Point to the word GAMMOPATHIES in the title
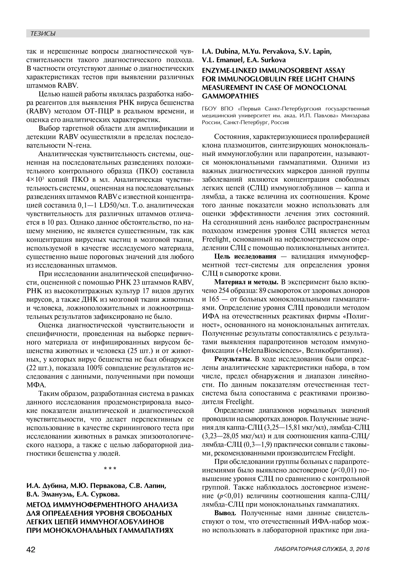[230, 96]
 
